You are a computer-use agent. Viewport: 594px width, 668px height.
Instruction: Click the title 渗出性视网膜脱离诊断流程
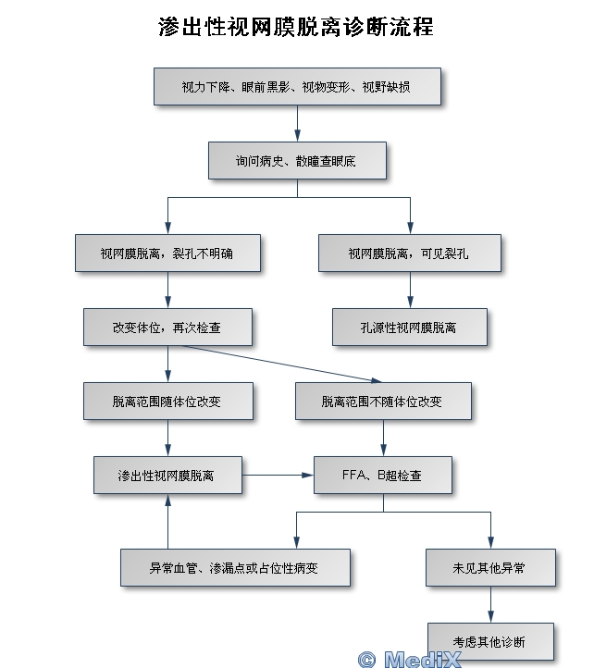click(x=296, y=26)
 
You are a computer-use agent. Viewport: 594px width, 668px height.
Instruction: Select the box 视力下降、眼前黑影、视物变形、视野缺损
click(x=296, y=87)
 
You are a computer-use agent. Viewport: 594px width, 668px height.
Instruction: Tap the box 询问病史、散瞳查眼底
click(x=296, y=161)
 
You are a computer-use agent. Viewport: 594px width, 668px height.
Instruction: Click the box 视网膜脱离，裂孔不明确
click(x=167, y=253)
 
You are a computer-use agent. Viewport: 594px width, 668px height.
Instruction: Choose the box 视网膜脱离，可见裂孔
click(x=409, y=253)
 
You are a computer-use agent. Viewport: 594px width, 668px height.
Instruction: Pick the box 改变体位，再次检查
click(x=167, y=327)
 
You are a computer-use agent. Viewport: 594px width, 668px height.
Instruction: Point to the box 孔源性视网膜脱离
click(x=409, y=327)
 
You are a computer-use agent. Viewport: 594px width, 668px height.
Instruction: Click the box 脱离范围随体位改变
click(x=167, y=402)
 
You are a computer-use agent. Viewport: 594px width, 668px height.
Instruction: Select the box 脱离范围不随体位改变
click(x=382, y=402)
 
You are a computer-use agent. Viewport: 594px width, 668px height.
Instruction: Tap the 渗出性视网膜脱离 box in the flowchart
click(x=167, y=476)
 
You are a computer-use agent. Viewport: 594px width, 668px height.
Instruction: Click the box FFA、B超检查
click(x=382, y=476)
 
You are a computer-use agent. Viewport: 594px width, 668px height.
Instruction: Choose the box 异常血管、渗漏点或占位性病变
click(x=235, y=567)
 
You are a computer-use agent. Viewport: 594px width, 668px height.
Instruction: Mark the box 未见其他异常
click(x=490, y=567)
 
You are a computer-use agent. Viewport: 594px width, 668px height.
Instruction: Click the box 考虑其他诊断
click(x=490, y=641)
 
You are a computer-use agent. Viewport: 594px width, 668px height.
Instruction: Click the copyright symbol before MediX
click(x=366, y=659)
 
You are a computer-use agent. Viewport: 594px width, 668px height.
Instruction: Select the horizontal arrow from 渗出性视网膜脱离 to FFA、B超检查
click(x=278, y=476)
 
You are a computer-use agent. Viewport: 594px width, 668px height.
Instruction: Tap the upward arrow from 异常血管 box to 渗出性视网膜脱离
click(x=167, y=521)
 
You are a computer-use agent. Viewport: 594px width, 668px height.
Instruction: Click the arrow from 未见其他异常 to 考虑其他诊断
click(x=490, y=604)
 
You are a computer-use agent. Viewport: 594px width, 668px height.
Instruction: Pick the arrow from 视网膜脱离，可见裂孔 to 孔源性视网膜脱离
click(x=409, y=290)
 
